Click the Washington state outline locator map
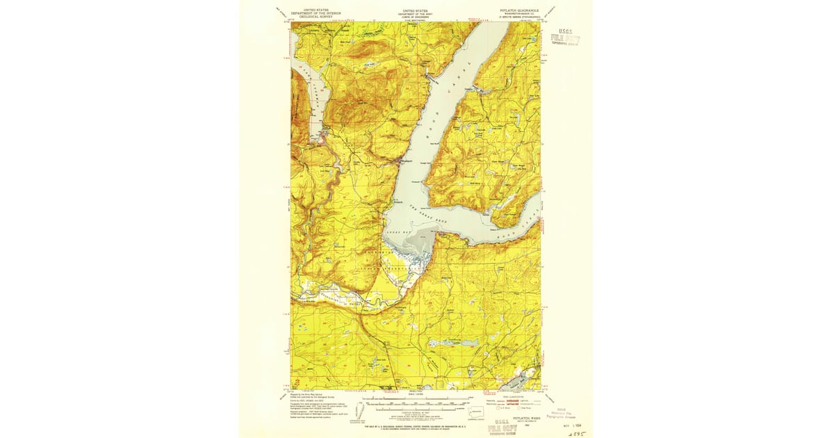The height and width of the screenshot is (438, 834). point(476,410)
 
